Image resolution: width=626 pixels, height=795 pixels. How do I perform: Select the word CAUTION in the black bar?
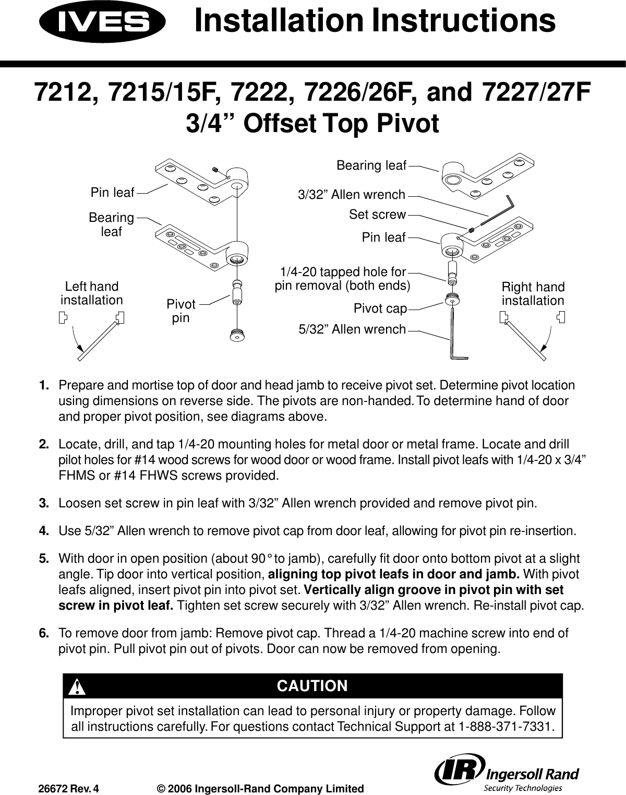click(312, 686)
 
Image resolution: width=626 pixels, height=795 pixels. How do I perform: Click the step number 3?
click(44, 504)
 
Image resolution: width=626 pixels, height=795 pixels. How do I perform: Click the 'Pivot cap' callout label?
click(380, 308)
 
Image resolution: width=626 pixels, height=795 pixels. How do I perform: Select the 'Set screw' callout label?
click(377, 215)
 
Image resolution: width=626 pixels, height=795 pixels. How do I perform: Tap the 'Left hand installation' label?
click(92, 293)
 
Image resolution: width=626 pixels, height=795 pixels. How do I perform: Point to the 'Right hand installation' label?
click(533, 294)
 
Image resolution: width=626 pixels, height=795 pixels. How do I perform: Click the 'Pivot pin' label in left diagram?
click(181, 311)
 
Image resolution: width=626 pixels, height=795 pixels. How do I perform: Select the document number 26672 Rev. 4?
click(68, 789)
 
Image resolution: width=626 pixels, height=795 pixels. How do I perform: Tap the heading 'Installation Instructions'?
click(374, 22)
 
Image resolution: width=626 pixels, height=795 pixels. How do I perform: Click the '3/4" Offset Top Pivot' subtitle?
click(312, 124)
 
